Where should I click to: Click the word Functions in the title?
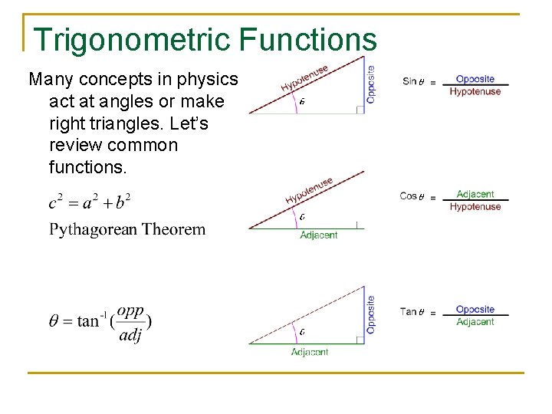[314, 40]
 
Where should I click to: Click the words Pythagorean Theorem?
[127, 229]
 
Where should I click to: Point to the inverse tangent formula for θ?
[100, 320]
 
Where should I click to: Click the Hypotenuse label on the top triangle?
[304, 77]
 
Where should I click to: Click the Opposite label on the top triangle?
[371, 84]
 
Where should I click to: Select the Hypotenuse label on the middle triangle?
[309, 191]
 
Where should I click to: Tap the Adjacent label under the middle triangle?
[318, 235]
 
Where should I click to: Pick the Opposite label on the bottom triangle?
[371, 314]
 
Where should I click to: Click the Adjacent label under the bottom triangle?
[310, 352]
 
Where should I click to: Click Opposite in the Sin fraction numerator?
[475, 79]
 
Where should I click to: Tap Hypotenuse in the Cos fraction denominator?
[475, 207]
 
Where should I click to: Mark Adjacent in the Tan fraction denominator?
[475, 322]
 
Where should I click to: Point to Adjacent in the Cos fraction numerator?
[475, 195]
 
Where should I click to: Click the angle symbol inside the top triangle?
[302, 101]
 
